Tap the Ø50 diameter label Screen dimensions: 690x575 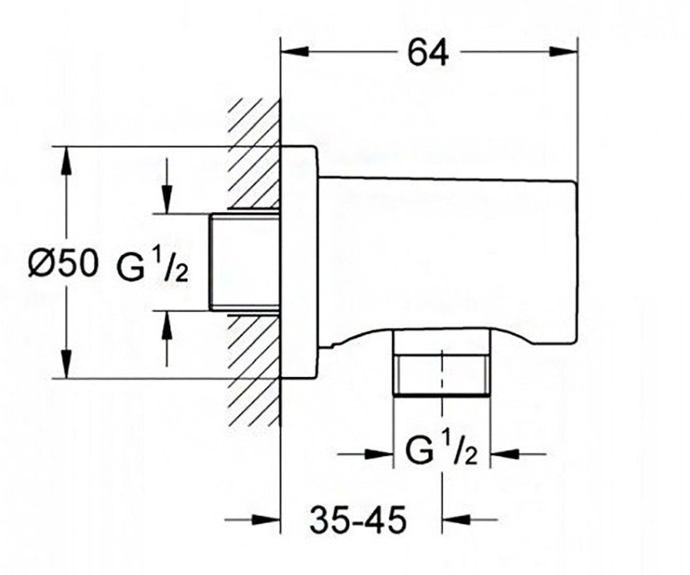click(63, 263)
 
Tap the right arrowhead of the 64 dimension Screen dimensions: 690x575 click(563, 52)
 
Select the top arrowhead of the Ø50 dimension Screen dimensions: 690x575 click(67, 160)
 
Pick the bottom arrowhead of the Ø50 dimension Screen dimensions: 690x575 click(67, 364)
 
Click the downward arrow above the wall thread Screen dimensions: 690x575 click(167, 186)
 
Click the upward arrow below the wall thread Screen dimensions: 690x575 click(167, 338)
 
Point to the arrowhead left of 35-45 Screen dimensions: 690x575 click(266, 519)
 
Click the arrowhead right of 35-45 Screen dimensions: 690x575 click(457, 519)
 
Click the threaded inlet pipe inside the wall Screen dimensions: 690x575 click(244, 262)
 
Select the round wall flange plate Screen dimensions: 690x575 click(300, 262)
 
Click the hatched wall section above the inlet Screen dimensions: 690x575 click(254, 154)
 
